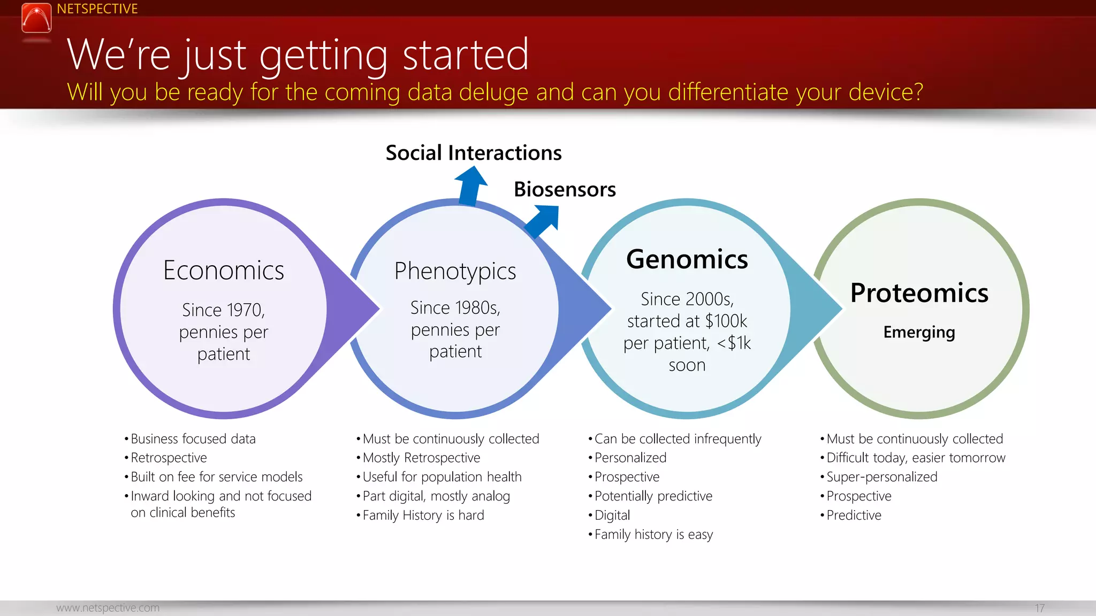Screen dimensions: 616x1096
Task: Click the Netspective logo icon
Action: tap(36, 18)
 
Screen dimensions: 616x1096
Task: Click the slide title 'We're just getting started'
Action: tap(298, 55)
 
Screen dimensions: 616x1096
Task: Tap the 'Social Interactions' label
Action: tap(473, 153)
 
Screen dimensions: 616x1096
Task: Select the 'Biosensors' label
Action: tap(565, 189)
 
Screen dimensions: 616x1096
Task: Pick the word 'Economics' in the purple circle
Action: tap(223, 271)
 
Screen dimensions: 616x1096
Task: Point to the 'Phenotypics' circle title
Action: tap(455, 271)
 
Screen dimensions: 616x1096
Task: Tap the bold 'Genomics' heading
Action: tap(687, 259)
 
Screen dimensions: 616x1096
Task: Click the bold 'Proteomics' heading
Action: tap(919, 293)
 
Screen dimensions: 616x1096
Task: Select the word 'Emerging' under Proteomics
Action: tap(919, 332)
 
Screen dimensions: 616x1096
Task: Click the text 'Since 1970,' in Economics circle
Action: tap(223, 310)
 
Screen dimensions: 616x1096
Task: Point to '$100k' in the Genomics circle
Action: tap(726, 321)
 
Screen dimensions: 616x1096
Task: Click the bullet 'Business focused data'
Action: tap(193, 439)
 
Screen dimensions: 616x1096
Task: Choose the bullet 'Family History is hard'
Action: tap(423, 515)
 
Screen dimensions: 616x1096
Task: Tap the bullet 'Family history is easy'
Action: tap(653, 535)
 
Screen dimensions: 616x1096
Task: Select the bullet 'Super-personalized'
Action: tap(881, 477)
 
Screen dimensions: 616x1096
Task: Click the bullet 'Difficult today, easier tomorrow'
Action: tap(916, 458)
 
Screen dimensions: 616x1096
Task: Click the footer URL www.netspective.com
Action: tap(108, 608)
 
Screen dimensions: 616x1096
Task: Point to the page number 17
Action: tap(1039, 608)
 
